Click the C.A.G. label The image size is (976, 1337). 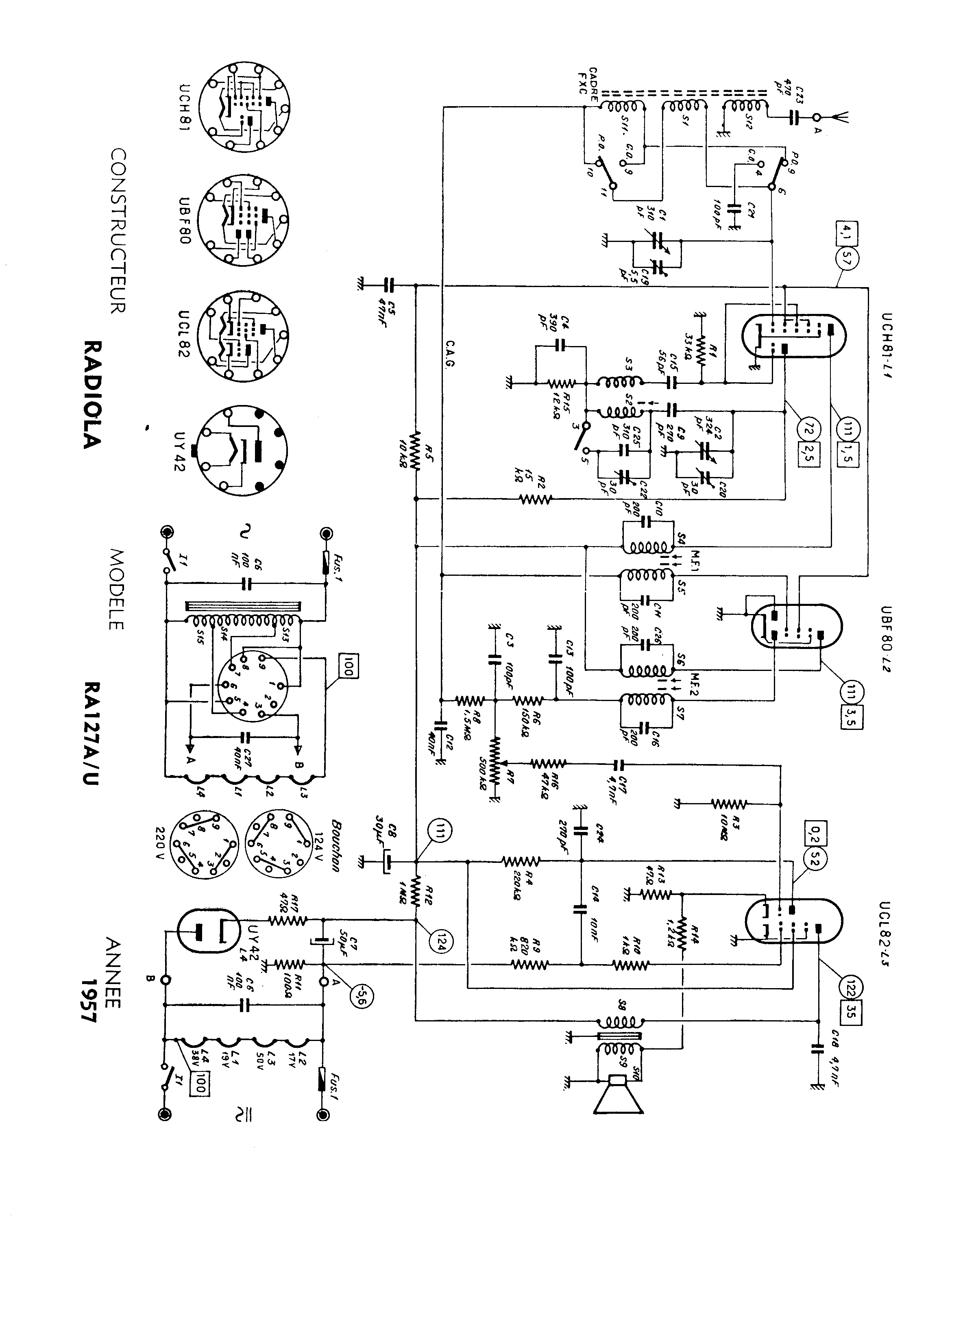[x=450, y=354]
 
